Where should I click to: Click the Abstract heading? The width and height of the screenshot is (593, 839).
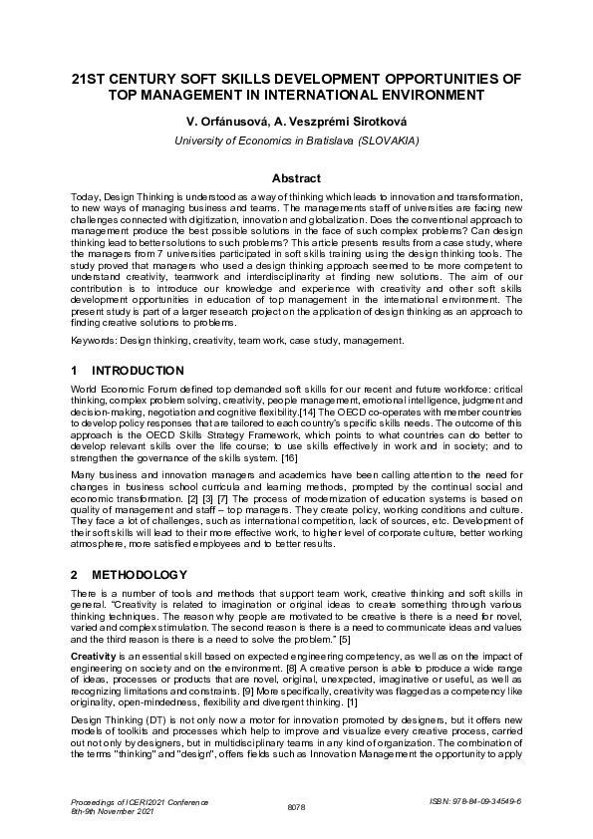tap(296, 178)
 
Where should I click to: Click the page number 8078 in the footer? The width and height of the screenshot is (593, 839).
tap(296, 808)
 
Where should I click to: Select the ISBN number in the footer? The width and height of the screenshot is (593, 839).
tap(493, 800)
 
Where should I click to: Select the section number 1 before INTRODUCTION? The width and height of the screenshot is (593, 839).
tap(75, 370)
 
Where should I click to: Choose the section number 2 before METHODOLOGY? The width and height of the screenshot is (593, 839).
tap(75, 575)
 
